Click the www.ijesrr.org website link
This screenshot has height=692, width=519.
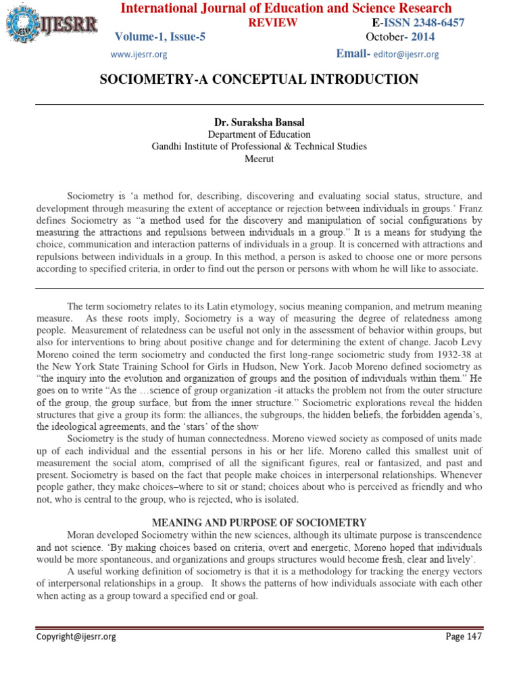click(x=139, y=54)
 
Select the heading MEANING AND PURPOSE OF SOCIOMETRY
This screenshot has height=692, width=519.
click(x=259, y=522)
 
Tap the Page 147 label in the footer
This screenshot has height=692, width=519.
click(x=464, y=637)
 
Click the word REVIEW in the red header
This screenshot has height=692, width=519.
click(x=274, y=23)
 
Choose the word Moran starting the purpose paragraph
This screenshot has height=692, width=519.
click(x=81, y=535)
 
